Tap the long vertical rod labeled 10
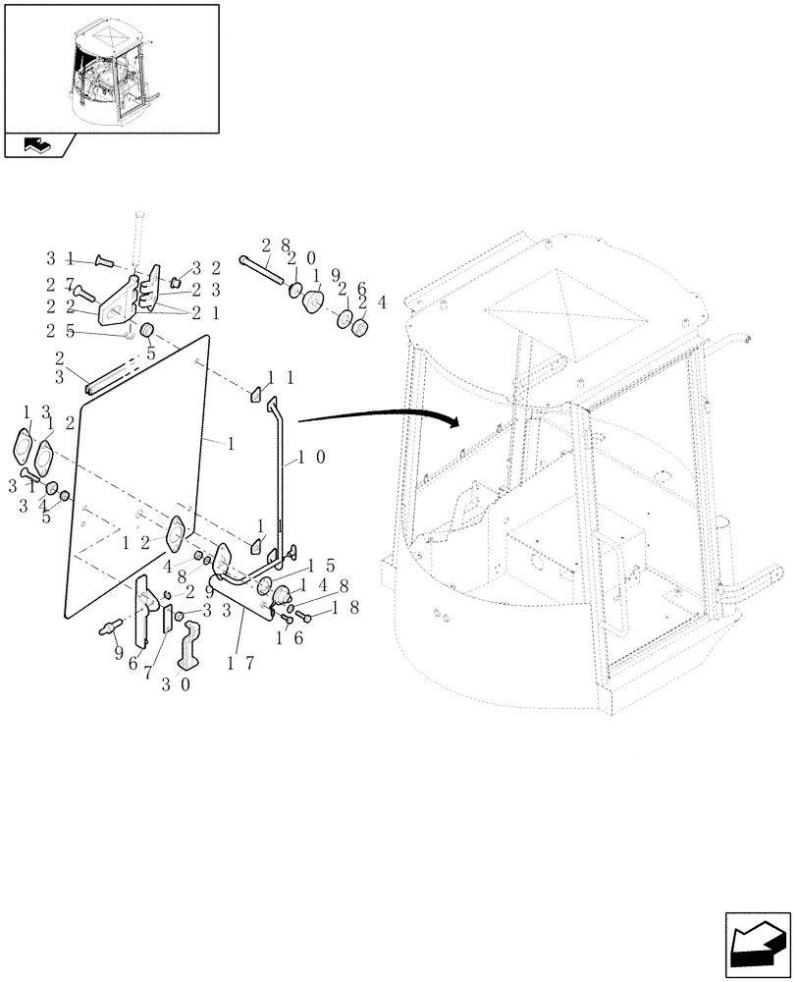coord(279,471)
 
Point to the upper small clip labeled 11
coord(252,394)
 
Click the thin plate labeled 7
coord(166,620)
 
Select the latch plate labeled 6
coord(145,607)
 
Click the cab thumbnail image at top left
coord(110,69)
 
